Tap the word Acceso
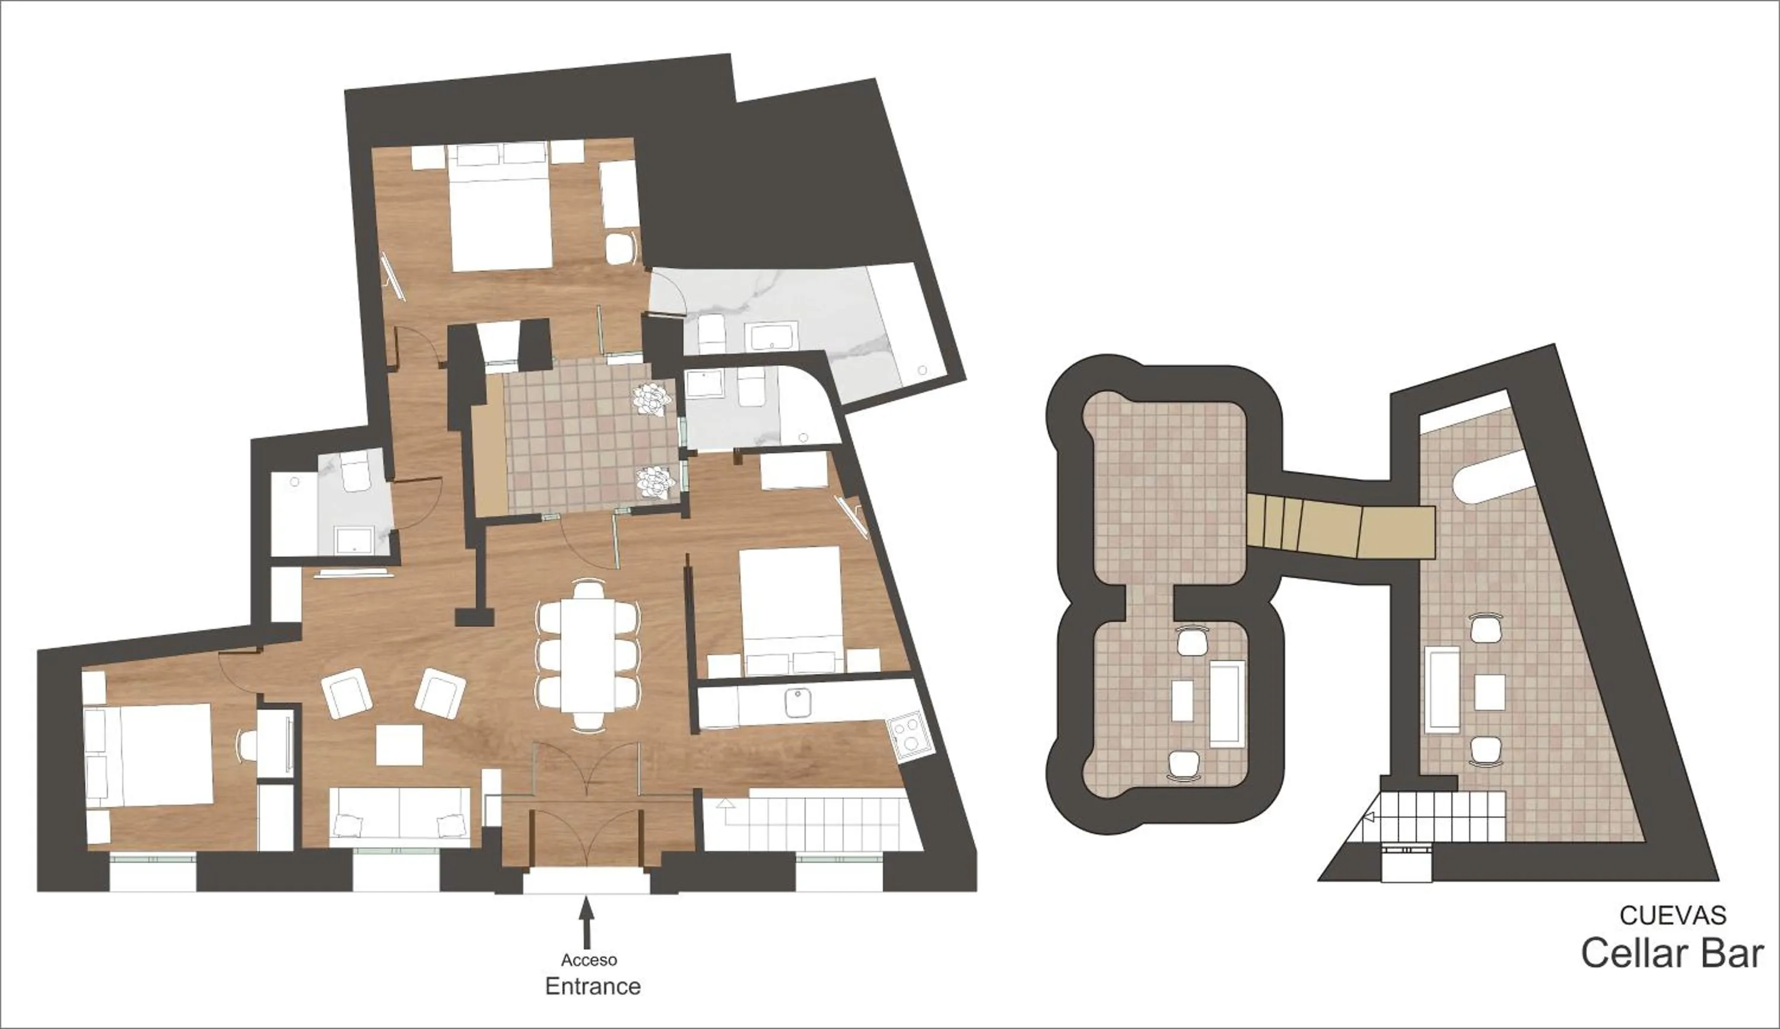[x=589, y=960]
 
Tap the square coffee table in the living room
[x=399, y=745]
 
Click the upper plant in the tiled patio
[x=651, y=399]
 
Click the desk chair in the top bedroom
[x=619, y=248]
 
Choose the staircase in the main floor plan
[x=812, y=822]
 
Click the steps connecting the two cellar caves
[x=1339, y=526]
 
